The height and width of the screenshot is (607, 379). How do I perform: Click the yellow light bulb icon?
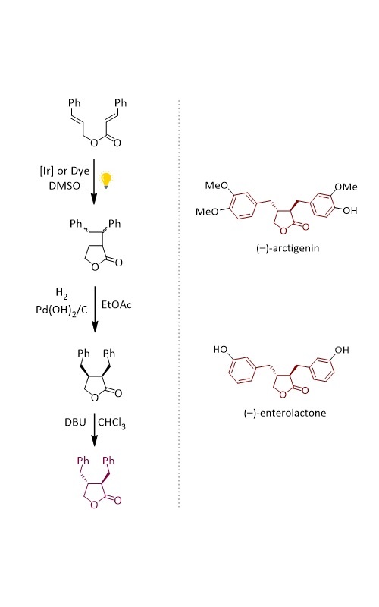(106, 181)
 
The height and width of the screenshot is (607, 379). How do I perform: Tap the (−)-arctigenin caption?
(288, 248)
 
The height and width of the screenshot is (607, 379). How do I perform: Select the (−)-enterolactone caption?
(285, 413)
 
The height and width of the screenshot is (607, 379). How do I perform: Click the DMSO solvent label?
(64, 186)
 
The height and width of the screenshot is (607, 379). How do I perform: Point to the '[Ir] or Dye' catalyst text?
(64, 171)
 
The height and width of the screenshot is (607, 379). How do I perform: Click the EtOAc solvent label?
(117, 305)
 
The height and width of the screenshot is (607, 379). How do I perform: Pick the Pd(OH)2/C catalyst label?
(61, 310)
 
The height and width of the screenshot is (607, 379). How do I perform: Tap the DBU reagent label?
(75, 422)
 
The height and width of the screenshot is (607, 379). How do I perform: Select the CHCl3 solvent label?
(111, 423)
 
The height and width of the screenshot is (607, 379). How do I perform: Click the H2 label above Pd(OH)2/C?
(61, 293)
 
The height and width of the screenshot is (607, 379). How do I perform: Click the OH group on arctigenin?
(349, 211)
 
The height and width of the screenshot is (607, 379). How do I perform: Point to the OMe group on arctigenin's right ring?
(346, 187)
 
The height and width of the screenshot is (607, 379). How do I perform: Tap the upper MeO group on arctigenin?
(217, 185)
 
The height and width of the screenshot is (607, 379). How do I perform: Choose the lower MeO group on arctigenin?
(207, 212)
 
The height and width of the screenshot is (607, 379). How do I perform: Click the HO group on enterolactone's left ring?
(220, 350)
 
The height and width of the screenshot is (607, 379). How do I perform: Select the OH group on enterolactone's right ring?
(342, 350)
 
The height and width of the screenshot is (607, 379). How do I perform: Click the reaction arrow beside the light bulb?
(94, 181)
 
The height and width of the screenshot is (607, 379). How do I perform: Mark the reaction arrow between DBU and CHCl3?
(94, 429)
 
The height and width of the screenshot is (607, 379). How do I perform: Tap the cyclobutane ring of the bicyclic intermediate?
(96, 239)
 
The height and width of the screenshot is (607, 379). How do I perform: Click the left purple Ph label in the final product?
(83, 461)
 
